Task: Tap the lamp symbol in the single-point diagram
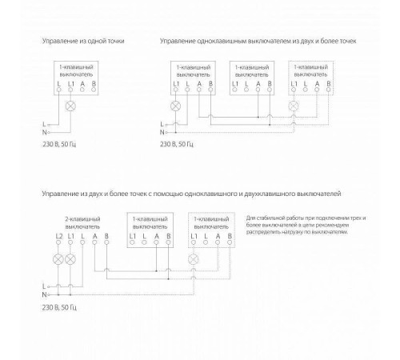point(70,105)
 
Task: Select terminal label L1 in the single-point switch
point(70,84)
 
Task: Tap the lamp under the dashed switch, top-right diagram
point(295,105)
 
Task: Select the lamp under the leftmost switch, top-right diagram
point(175,105)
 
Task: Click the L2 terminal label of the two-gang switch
point(58,238)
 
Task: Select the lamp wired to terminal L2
point(58,258)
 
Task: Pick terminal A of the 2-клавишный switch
point(94,238)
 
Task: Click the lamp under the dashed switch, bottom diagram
point(193,258)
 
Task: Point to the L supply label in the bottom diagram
point(45,286)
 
